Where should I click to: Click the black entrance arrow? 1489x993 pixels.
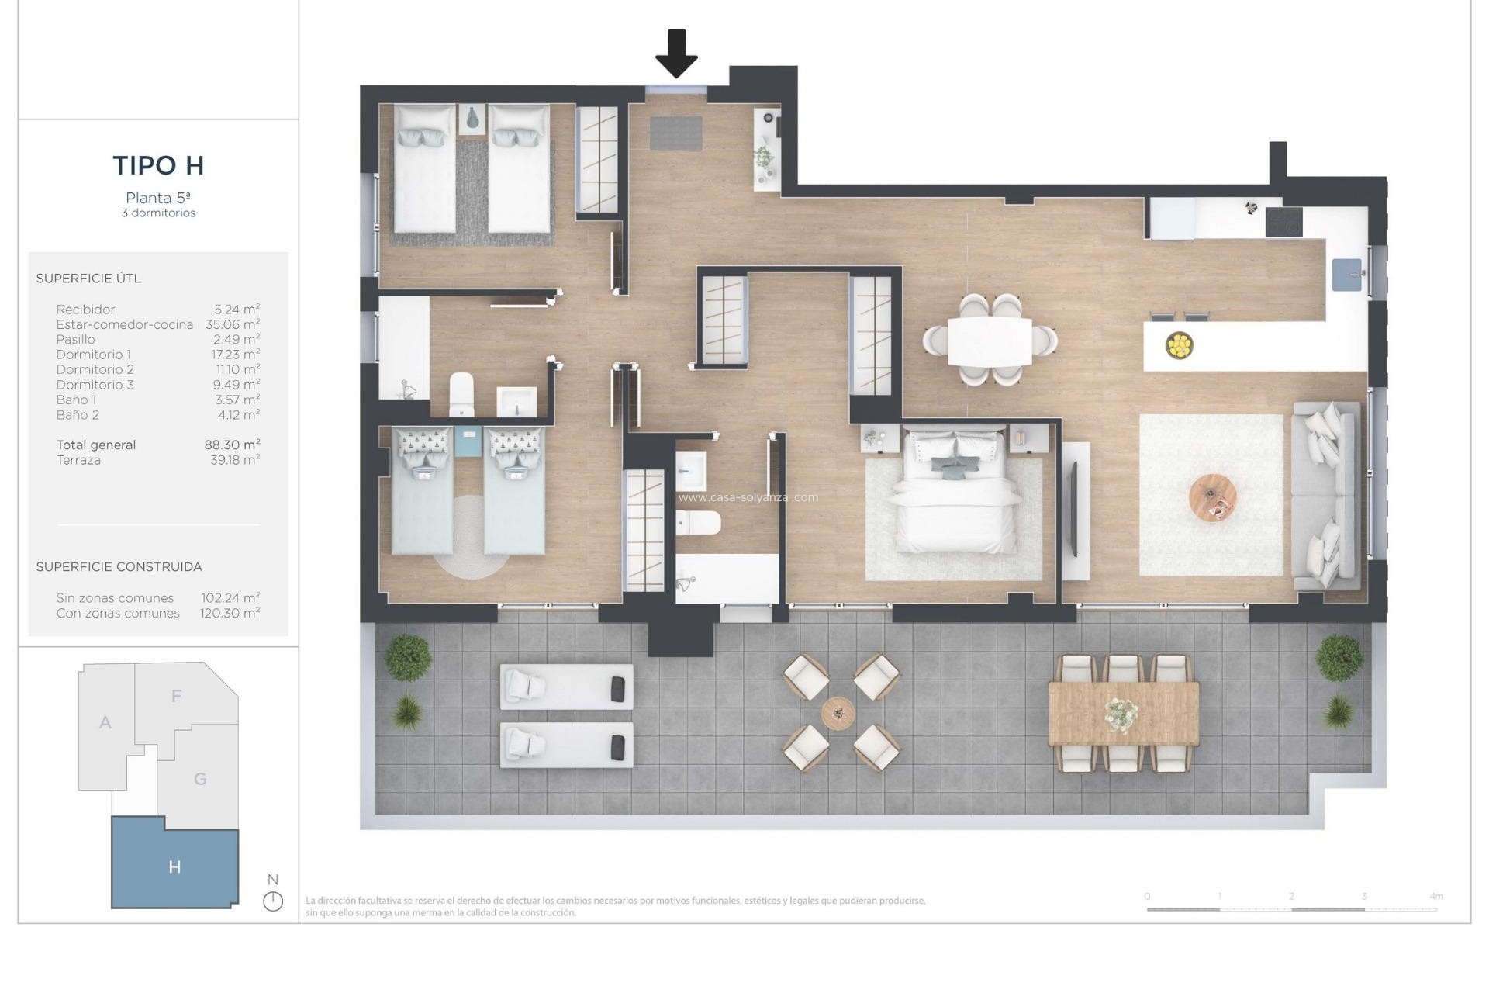coord(676,54)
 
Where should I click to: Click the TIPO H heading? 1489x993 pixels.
coord(158,165)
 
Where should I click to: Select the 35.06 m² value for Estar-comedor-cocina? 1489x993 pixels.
coord(233,324)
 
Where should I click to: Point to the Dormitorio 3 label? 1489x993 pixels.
coord(95,385)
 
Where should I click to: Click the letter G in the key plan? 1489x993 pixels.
coord(200,779)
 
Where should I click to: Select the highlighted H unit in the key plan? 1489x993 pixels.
coord(174,867)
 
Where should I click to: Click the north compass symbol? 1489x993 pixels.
coord(273,901)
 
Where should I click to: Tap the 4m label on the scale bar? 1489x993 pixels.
coord(1435,896)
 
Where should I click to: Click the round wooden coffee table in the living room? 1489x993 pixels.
coord(1212,498)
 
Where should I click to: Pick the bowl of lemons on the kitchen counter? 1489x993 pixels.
coord(1179,344)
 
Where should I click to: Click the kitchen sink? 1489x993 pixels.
coord(1347,275)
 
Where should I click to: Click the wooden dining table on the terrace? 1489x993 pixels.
coord(1123,712)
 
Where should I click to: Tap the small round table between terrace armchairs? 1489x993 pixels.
coord(838,712)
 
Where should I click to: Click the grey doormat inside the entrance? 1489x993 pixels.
coord(675,133)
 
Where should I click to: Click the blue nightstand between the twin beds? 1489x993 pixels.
coord(468,441)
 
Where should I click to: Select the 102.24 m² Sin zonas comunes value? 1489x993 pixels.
coord(230,598)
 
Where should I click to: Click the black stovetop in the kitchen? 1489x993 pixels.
coord(1283,222)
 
